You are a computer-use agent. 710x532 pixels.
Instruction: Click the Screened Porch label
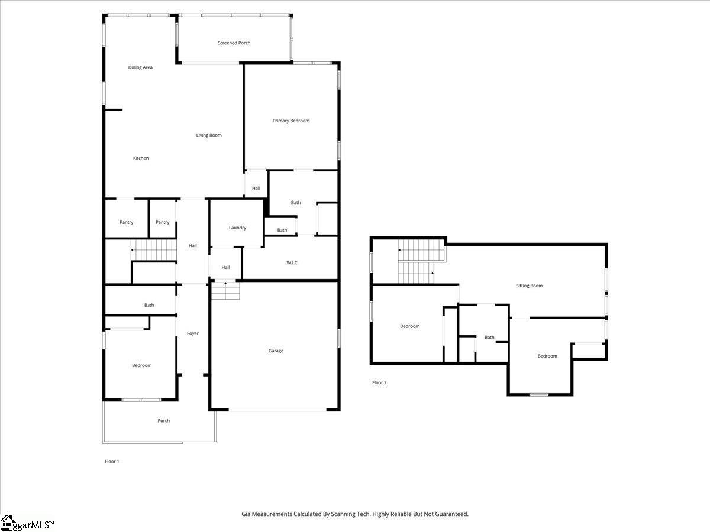pyautogui.click(x=234, y=43)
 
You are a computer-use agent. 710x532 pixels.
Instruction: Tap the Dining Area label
pyautogui.click(x=140, y=67)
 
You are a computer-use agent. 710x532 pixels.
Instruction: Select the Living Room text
pyautogui.click(x=209, y=135)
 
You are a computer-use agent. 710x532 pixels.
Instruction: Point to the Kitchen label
pyautogui.click(x=141, y=158)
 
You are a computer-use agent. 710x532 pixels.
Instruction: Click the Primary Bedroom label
pyautogui.click(x=291, y=121)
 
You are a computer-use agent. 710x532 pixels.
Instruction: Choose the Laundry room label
pyautogui.click(x=237, y=228)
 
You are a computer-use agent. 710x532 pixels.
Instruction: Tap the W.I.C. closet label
pyautogui.click(x=292, y=262)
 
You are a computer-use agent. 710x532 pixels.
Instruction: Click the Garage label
pyautogui.click(x=276, y=351)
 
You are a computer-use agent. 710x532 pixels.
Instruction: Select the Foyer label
pyautogui.click(x=193, y=333)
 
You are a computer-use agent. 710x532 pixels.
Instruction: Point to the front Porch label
pyautogui.click(x=164, y=421)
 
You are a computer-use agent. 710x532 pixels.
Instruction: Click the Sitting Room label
pyautogui.click(x=529, y=286)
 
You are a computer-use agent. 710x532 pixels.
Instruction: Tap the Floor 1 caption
pyautogui.click(x=112, y=462)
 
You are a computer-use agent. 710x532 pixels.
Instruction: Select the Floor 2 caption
pyautogui.click(x=379, y=383)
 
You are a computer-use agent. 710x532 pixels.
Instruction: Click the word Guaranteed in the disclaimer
pyautogui.click(x=449, y=514)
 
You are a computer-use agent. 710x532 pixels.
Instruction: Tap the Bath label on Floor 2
pyautogui.click(x=489, y=338)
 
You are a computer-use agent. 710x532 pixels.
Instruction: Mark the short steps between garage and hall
pyautogui.click(x=225, y=290)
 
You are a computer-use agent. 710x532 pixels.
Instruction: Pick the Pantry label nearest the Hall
pyautogui.click(x=162, y=223)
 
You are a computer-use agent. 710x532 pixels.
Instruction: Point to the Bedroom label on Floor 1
pyautogui.click(x=141, y=366)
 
